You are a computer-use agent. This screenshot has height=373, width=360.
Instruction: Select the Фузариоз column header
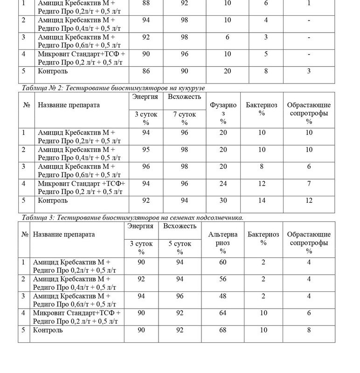point(223,113)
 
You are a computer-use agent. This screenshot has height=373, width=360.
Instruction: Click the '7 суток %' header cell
point(185,118)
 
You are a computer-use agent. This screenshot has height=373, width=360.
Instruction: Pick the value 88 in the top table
point(146,4)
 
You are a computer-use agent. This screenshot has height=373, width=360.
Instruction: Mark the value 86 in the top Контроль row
point(146,71)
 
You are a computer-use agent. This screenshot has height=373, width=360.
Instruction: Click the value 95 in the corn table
point(146,150)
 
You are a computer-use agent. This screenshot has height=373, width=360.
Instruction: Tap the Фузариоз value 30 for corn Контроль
point(223,201)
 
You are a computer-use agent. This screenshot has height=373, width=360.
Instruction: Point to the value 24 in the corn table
point(223,184)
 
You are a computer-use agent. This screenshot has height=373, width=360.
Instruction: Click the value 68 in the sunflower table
point(223,331)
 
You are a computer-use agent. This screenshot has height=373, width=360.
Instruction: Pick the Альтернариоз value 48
point(223,296)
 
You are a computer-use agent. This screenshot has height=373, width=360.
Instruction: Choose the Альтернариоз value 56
point(223,279)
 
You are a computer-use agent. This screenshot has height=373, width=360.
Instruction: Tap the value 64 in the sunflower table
point(223,313)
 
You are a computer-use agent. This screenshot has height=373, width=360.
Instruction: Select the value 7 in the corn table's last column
point(309,184)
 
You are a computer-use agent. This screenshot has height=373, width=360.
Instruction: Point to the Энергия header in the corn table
point(145,97)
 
